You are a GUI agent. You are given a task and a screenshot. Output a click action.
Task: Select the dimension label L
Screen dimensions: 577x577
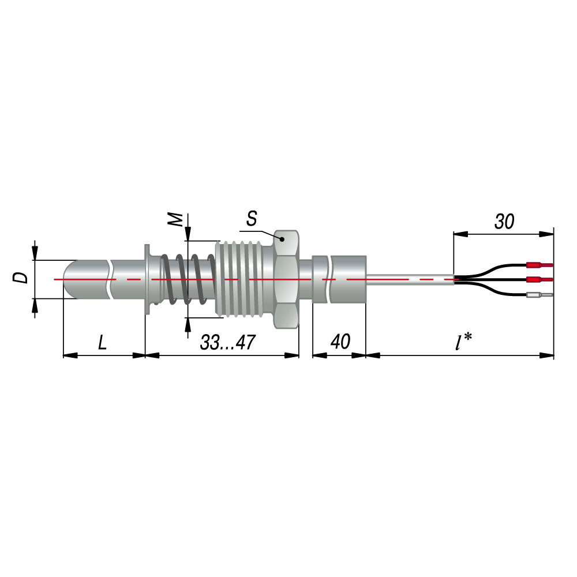click(102, 343)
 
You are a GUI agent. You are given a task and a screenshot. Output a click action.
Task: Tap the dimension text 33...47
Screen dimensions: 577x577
click(227, 343)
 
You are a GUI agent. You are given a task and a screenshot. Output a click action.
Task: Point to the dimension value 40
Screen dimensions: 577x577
click(340, 342)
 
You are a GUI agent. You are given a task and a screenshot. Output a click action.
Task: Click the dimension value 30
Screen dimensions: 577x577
click(504, 222)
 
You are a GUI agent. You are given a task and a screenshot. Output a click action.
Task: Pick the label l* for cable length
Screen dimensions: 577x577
click(463, 341)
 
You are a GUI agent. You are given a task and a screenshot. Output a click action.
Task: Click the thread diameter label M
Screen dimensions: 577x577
click(175, 219)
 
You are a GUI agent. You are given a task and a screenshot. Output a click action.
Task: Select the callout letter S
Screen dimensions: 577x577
click(252, 219)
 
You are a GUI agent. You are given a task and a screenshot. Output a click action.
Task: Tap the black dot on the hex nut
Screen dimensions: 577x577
click(282, 239)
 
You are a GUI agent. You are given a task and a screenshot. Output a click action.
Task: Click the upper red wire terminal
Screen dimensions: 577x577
click(539, 265)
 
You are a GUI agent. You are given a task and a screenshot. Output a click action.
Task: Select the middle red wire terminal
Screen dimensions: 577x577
click(539, 280)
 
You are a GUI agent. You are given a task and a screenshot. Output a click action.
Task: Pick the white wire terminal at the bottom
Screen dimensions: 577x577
click(539, 295)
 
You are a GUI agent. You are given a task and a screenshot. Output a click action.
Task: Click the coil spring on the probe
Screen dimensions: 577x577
click(188, 279)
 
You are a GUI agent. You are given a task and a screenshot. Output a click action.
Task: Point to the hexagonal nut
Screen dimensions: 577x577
click(286, 279)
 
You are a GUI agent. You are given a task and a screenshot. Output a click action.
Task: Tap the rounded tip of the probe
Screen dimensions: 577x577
click(70, 279)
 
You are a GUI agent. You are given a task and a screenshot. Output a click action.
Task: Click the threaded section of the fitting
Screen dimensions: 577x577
click(243, 279)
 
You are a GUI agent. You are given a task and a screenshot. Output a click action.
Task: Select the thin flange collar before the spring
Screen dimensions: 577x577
click(147, 279)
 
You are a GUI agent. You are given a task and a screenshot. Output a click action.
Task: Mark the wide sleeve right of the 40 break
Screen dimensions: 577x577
click(349, 279)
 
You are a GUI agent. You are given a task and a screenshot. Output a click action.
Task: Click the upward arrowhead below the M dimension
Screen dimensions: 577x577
click(188, 324)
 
